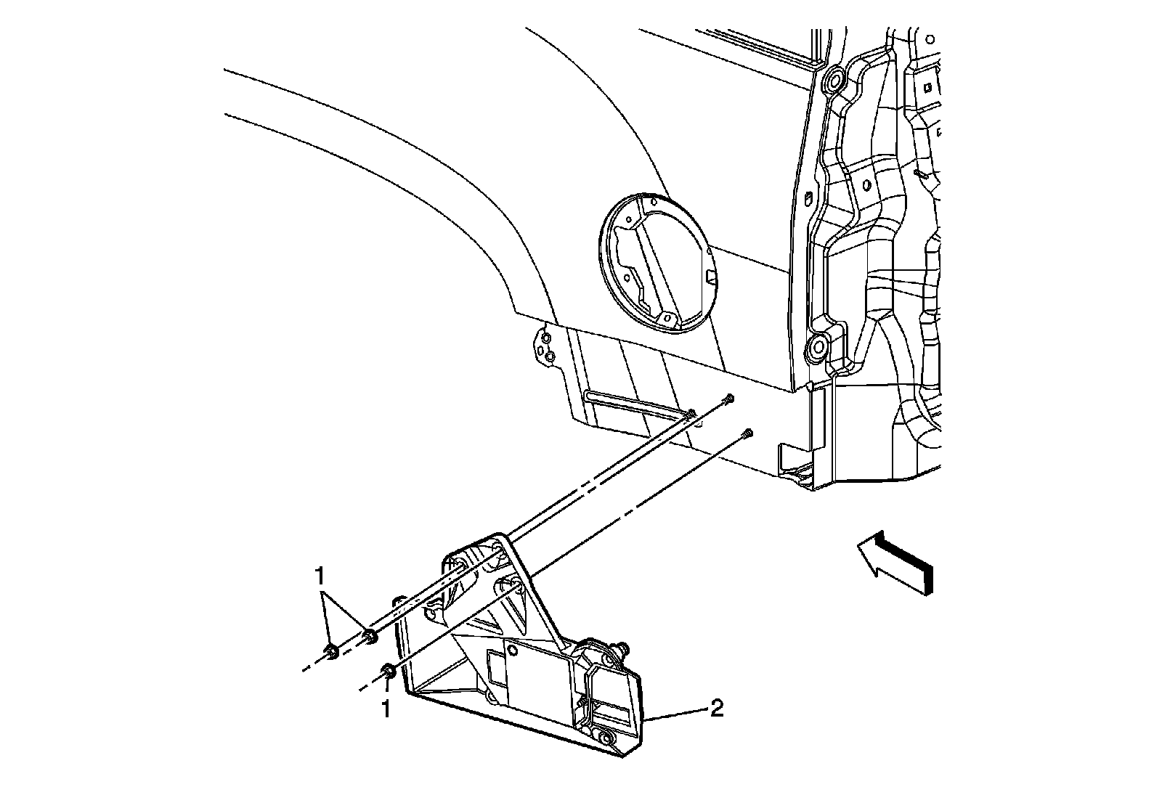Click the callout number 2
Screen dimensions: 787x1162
click(x=716, y=708)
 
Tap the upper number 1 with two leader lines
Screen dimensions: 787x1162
click(x=319, y=578)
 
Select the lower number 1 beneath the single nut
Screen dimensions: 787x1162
click(x=386, y=708)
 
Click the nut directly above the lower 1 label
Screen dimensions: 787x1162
click(x=388, y=671)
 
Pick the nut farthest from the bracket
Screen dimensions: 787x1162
click(x=331, y=651)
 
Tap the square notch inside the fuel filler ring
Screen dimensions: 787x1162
click(x=710, y=277)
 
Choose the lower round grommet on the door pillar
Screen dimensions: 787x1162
click(x=818, y=347)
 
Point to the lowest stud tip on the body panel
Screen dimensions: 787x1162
click(x=749, y=434)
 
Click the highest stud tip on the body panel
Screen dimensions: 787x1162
click(x=729, y=398)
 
